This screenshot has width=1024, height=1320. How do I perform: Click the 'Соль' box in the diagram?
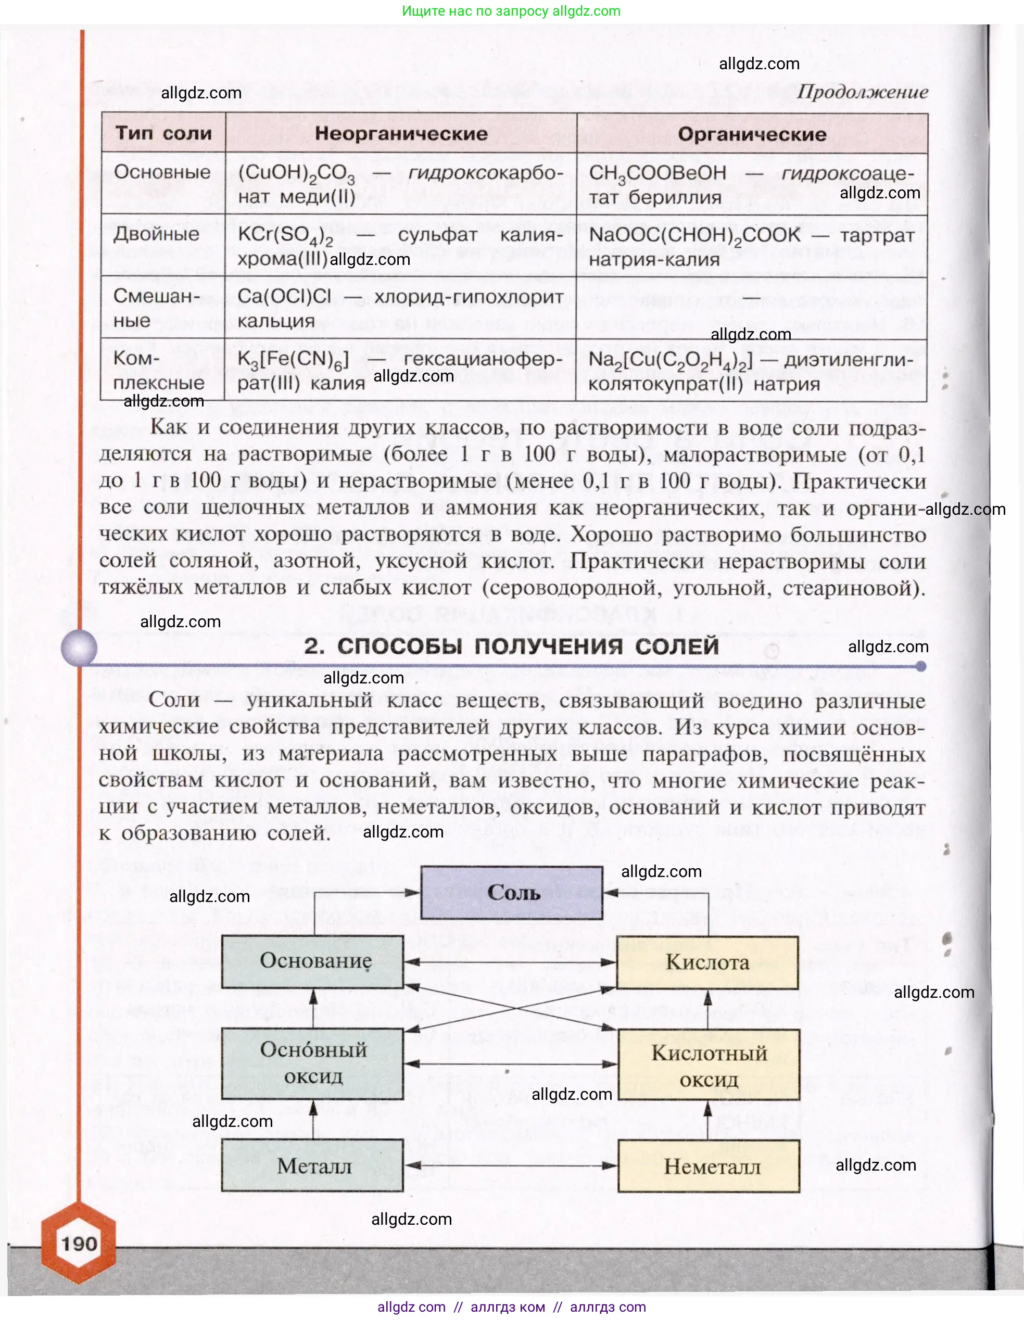pyautogui.click(x=512, y=893)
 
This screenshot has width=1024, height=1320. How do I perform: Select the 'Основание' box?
pyautogui.click(x=312, y=961)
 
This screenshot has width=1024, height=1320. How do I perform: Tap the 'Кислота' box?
pyautogui.click(x=707, y=962)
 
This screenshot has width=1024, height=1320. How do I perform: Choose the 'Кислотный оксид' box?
pyautogui.click(x=709, y=1065)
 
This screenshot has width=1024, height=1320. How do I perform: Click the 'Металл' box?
pyautogui.click(x=312, y=1165)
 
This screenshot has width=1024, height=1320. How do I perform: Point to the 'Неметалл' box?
pyautogui.click(x=709, y=1166)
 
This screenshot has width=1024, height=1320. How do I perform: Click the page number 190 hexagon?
pyautogui.click(x=79, y=1243)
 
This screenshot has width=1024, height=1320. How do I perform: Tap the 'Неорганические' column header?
pyautogui.click(x=401, y=134)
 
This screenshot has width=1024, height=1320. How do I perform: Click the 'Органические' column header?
pyautogui.click(x=751, y=134)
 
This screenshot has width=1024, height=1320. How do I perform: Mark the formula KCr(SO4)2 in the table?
pyautogui.click(x=285, y=235)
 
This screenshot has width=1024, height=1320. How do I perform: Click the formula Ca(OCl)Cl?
pyautogui.click(x=284, y=297)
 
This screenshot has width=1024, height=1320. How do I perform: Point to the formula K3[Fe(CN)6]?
pyautogui.click(x=293, y=360)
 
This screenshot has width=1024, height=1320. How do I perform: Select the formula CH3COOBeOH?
pyautogui.click(x=658, y=173)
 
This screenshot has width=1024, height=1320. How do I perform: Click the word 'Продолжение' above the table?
pyautogui.click(x=862, y=92)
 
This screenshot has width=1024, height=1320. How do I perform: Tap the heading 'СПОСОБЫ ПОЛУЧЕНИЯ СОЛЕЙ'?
pyautogui.click(x=511, y=646)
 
